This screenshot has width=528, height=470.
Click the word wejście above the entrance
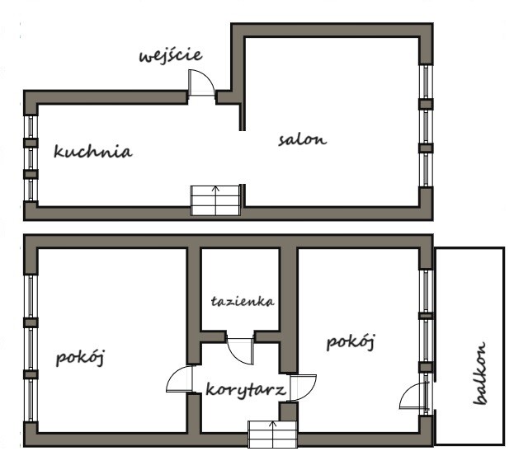171,56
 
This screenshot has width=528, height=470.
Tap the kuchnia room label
93,151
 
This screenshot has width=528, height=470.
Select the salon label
303,139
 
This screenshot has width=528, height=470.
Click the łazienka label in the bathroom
243,301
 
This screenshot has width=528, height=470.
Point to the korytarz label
246,390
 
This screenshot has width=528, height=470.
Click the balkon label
479,373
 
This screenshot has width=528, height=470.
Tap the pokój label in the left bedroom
81,358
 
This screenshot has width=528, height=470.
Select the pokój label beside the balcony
351,342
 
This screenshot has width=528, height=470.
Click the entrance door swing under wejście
201,82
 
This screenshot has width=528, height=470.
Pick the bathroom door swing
240,350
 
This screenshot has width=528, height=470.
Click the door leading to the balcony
414,396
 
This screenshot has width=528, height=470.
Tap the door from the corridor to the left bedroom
180,379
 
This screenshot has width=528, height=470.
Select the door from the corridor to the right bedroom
303,388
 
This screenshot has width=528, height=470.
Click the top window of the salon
426,82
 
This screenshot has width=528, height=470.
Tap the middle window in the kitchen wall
31,158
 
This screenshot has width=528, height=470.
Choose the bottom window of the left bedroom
31,400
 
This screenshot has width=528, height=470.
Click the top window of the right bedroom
426,291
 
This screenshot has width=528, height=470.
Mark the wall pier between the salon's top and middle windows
426,104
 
